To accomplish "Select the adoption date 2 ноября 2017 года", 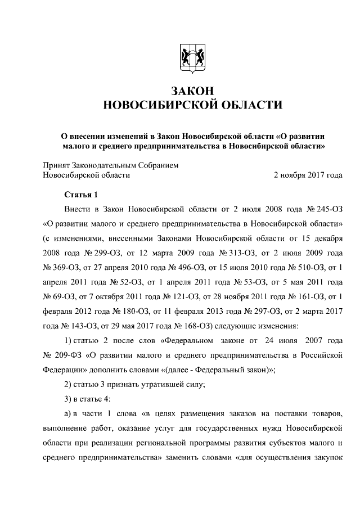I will [x=308, y=175].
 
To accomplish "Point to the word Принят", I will [x=56, y=165].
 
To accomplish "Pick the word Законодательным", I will [x=106, y=165].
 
